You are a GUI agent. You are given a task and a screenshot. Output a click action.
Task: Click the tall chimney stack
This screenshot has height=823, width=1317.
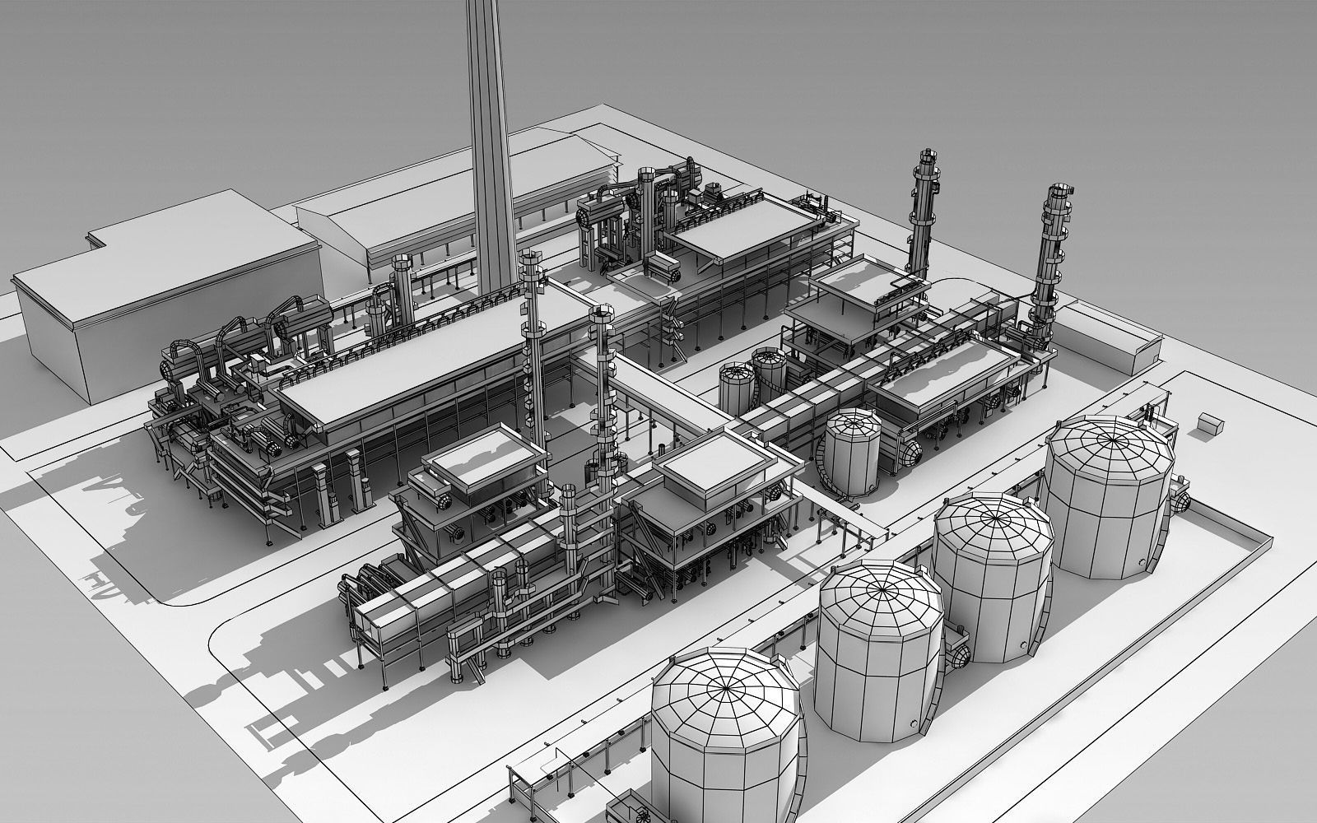click(x=491, y=148)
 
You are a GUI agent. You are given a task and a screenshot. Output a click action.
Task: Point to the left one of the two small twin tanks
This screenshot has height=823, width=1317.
click(x=738, y=387)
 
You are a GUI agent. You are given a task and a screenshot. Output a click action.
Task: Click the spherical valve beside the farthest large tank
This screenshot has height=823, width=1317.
click(x=1183, y=500)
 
